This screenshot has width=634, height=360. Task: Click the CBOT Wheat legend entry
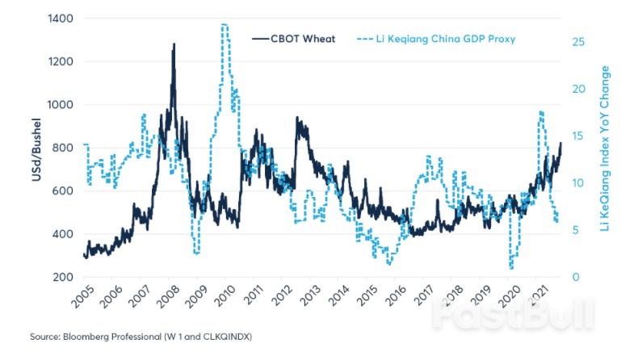click(x=303, y=38)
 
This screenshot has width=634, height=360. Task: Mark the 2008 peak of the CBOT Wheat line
click(x=173, y=44)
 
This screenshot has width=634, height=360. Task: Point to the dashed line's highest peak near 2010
click(x=224, y=25)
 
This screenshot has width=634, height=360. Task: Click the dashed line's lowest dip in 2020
click(x=511, y=267)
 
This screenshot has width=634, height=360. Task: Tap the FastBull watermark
click(x=512, y=314)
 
